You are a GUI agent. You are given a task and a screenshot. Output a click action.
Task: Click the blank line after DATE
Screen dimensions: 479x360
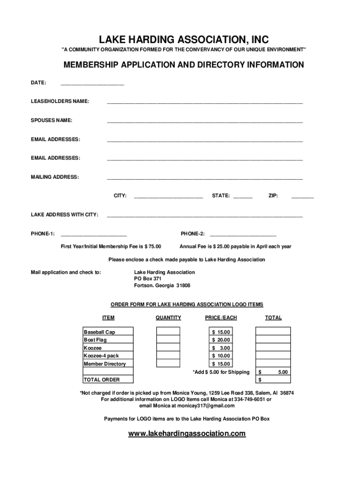click(92, 84)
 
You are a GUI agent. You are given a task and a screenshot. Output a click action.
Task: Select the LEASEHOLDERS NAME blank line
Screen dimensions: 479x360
click(205, 102)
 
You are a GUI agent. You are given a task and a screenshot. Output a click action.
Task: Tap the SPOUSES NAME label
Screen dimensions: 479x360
click(51, 121)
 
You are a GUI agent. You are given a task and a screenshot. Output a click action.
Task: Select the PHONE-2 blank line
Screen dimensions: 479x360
click(243, 234)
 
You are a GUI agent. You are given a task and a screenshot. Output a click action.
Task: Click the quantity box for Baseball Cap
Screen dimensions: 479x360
click(168, 332)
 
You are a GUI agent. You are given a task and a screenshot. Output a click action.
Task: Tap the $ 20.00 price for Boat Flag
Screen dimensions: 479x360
click(221, 340)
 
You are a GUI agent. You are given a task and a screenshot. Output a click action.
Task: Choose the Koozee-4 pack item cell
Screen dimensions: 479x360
click(101, 356)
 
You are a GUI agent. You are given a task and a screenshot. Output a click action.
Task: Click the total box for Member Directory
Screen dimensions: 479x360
click(273, 363)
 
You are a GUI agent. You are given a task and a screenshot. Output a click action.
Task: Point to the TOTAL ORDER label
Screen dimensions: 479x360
click(101, 379)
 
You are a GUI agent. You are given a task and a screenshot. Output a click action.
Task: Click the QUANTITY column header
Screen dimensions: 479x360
click(168, 318)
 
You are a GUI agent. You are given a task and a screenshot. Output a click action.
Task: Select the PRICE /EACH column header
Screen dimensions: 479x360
click(221, 318)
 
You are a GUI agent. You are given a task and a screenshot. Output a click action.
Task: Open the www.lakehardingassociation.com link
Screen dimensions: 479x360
click(187, 434)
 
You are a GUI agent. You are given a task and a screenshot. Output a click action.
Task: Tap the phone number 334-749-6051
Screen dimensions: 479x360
click(250, 399)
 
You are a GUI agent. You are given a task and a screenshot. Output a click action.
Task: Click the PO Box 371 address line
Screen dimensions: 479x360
click(148, 279)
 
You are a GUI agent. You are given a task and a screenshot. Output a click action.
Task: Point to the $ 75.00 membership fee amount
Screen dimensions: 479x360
click(153, 247)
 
